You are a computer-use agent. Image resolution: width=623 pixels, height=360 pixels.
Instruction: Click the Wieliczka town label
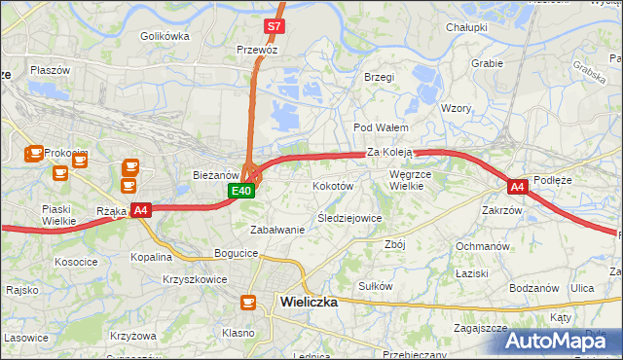click(x=308, y=302)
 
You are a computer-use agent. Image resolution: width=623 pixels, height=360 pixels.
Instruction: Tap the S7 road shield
click(x=275, y=27)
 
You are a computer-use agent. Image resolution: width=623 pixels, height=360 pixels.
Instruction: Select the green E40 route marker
click(x=242, y=192)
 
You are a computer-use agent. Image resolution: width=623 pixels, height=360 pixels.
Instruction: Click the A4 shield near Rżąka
click(x=141, y=209)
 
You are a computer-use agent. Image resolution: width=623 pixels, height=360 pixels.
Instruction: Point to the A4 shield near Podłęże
click(x=517, y=186)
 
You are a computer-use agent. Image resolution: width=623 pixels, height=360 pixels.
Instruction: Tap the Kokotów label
click(x=331, y=185)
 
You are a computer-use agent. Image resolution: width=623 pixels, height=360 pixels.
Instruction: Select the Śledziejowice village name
click(x=349, y=218)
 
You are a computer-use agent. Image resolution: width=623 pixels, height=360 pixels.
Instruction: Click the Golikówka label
click(x=165, y=36)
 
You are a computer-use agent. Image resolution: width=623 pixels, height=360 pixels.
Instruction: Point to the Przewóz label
click(x=257, y=49)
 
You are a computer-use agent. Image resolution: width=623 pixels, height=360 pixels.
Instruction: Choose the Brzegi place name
click(x=379, y=77)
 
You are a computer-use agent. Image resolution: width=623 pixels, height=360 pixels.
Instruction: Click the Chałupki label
click(x=466, y=27)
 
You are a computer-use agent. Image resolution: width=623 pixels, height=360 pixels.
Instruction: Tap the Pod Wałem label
click(x=380, y=127)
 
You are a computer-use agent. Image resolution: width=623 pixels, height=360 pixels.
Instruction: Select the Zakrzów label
click(x=502, y=209)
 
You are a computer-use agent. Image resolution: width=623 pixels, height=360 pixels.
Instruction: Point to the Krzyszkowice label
click(x=195, y=279)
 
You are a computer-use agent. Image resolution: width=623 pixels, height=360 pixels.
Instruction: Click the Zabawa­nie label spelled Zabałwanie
click(x=277, y=230)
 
